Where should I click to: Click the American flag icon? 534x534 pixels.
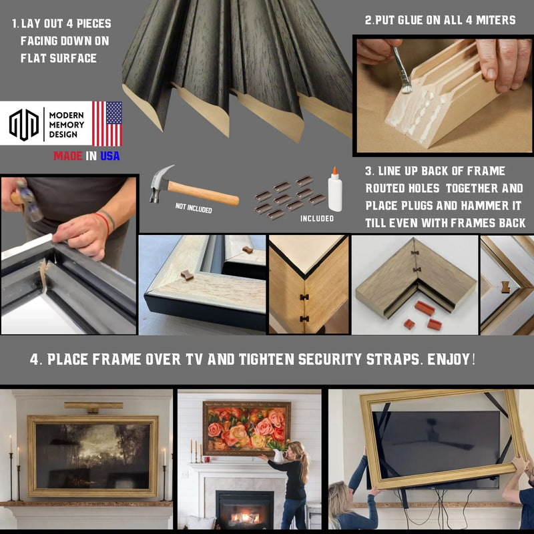click(x=107, y=123)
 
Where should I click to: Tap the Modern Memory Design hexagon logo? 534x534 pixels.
click(x=23, y=125)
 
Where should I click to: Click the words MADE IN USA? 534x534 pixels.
click(x=87, y=156)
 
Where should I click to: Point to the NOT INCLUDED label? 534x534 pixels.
click(x=194, y=209)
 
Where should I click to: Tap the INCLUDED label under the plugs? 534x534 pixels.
click(x=316, y=218)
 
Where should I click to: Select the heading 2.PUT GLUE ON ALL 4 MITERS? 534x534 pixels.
click(x=440, y=20)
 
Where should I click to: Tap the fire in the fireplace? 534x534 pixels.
click(x=244, y=517)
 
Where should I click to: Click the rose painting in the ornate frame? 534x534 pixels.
click(x=246, y=428)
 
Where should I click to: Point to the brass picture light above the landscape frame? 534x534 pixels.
click(x=93, y=405)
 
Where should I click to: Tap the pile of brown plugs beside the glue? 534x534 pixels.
click(x=290, y=198)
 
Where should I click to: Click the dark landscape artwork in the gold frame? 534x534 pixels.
click(x=93, y=456)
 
